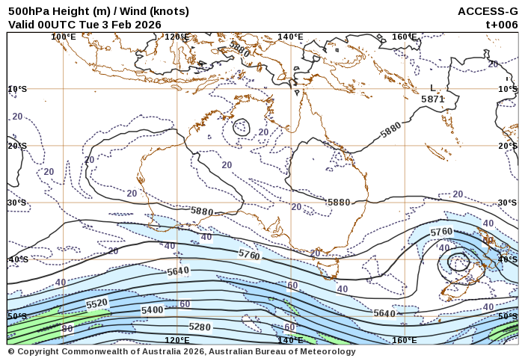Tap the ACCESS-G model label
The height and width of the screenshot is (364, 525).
pyautogui.click(x=488, y=11)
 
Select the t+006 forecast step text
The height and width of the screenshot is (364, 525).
pyautogui.click(x=501, y=24)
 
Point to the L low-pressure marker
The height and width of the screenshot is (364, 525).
pyautogui.click(x=432, y=88)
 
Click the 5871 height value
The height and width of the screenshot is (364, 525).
pyautogui.click(x=433, y=99)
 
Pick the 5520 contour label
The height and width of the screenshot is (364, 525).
pyautogui.click(x=97, y=303)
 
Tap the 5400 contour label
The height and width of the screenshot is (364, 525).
pyautogui.click(x=152, y=309)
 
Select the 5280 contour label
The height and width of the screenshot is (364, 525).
pyautogui.click(x=200, y=327)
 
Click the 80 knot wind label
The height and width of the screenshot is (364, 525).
pyautogui.click(x=67, y=329)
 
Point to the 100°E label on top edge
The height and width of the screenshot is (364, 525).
pyautogui.click(x=64, y=37)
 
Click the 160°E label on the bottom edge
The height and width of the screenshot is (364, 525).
pyautogui.click(x=404, y=340)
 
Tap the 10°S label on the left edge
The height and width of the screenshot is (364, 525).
pyautogui.click(x=17, y=89)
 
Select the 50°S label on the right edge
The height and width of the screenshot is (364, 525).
pyautogui.click(x=508, y=317)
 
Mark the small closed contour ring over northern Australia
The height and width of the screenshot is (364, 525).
pyautogui.click(x=241, y=127)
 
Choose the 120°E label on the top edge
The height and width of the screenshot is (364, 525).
pyautogui.click(x=177, y=37)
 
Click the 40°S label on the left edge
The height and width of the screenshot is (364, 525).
pyautogui.click(x=17, y=259)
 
